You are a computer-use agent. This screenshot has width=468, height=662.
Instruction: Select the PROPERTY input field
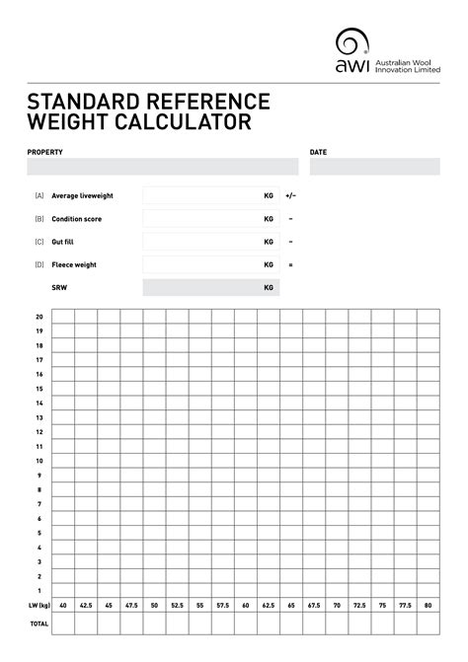tap(162, 167)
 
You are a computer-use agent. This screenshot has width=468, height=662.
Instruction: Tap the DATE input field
tap(373, 167)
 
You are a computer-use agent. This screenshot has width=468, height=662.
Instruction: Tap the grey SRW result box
tap(210, 288)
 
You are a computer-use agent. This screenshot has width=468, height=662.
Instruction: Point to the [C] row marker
tap(39, 242)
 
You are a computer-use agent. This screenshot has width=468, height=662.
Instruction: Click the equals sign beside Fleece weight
tap(291, 264)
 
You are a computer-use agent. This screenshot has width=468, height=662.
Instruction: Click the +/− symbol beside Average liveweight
tap(291, 195)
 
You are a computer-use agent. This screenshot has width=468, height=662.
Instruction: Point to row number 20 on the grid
tap(39, 317)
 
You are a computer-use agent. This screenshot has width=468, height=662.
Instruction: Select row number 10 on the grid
tap(39, 461)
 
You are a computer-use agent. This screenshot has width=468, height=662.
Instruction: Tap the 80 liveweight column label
tap(428, 605)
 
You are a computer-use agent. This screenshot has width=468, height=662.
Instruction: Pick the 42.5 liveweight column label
tap(86, 605)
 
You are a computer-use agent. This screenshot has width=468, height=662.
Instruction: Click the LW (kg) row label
tap(39, 605)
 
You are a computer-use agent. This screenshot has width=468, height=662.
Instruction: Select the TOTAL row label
tap(39, 625)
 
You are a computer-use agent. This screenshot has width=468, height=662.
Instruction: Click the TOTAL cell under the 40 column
tap(63, 625)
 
